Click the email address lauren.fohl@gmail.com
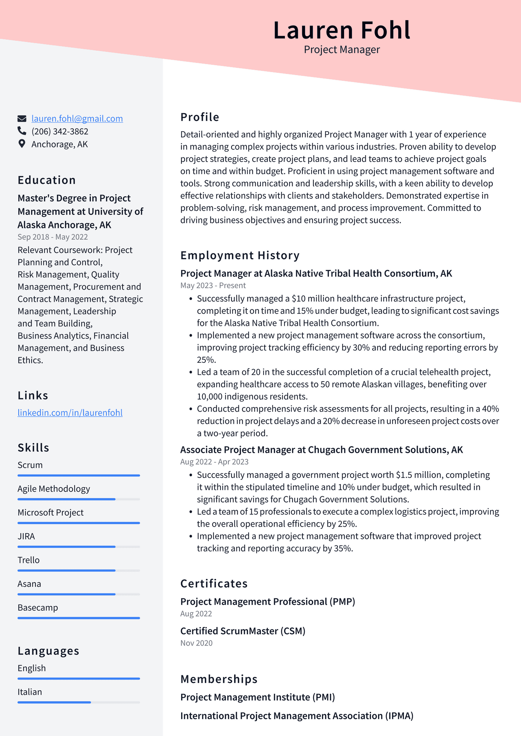(77, 119)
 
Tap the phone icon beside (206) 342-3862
(22, 131)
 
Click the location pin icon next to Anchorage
(22, 144)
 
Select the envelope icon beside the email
(22, 119)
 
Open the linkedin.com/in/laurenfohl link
(70, 413)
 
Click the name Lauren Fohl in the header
(341, 30)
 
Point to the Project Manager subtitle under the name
(341, 50)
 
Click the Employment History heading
(240, 255)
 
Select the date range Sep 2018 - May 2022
(53, 237)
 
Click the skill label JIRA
(26, 536)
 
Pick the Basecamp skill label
(38, 608)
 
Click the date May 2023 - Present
(213, 285)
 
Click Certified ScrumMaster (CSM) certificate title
(243, 631)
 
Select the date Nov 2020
(196, 643)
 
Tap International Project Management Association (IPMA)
(296, 716)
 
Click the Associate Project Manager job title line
(321, 450)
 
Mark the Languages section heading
(48, 651)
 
